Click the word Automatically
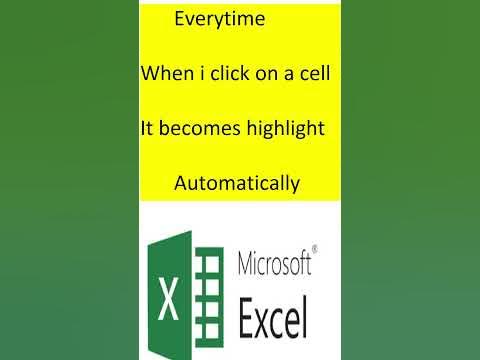[x=236, y=183]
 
